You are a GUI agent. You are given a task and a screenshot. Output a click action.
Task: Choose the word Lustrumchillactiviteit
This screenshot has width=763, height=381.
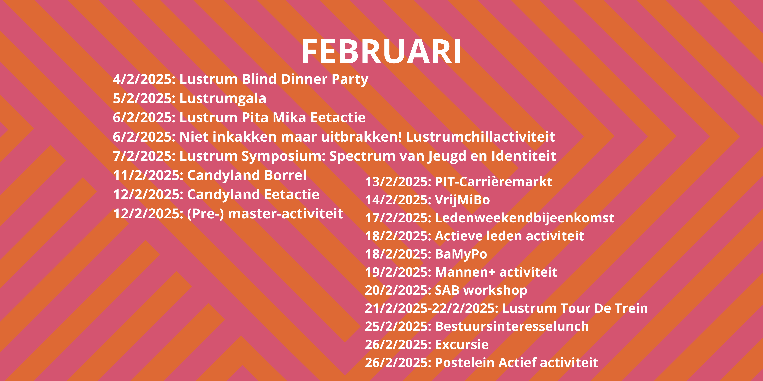[x=480, y=137]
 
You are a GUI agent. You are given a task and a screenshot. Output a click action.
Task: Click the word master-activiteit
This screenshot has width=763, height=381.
[x=286, y=214]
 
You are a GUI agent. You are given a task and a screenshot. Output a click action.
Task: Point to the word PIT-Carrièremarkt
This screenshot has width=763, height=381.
[x=493, y=182]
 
